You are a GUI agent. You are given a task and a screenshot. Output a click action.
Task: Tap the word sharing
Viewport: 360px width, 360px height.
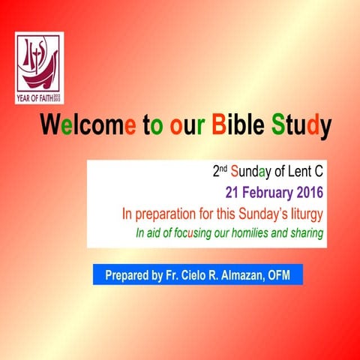coord(304,233)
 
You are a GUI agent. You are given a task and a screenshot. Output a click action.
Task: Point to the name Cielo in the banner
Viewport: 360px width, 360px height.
coord(192,275)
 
